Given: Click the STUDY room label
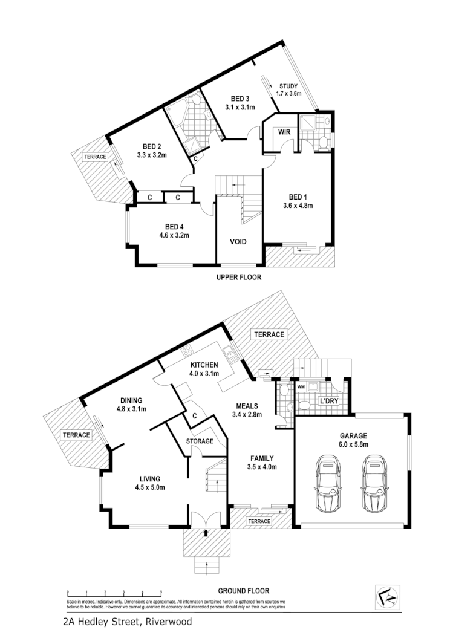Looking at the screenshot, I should pyautogui.click(x=288, y=85).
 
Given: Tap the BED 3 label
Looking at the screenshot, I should pyautogui.click(x=240, y=99).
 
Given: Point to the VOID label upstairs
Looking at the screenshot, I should pyautogui.click(x=238, y=242).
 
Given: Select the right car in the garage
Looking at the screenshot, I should pyautogui.click(x=373, y=483).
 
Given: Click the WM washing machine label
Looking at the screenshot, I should pyautogui.click(x=301, y=386).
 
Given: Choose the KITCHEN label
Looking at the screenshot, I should pyautogui.click(x=204, y=365).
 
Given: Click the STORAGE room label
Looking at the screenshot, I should pyautogui.click(x=199, y=441).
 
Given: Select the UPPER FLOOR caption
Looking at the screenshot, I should pyautogui.click(x=238, y=278).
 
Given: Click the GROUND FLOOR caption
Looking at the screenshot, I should pyautogui.click(x=244, y=591).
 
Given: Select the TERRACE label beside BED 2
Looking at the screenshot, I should pyautogui.click(x=95, y=157).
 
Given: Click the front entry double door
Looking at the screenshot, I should pyautogui.click(x=207, y=519).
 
